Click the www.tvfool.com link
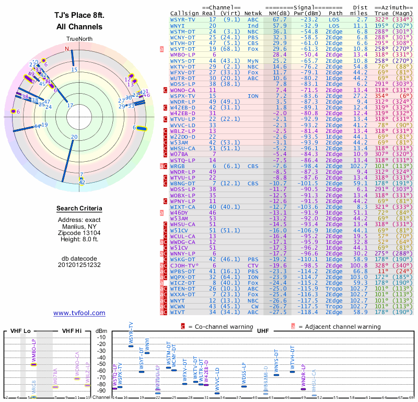pyautogui.click(x=79, y=313)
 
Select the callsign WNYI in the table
pyautogui.click(x=177, y=25)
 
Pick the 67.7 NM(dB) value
pyautogui.click(x=276, y=19)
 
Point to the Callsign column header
pyautogui.click(x=185, y=13)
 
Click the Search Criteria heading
pyautogui.click(x=79, y=209)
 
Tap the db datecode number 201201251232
pyautogui.click(x=79, y=264)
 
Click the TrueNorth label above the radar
pyautogui.click(x=79, y=39)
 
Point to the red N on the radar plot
pyautogui.click(x=66, y=49)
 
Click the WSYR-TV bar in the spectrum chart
pyautogui.click(x=131, y=346)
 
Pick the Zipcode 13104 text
pyautogui.click(x=79, y=232)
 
